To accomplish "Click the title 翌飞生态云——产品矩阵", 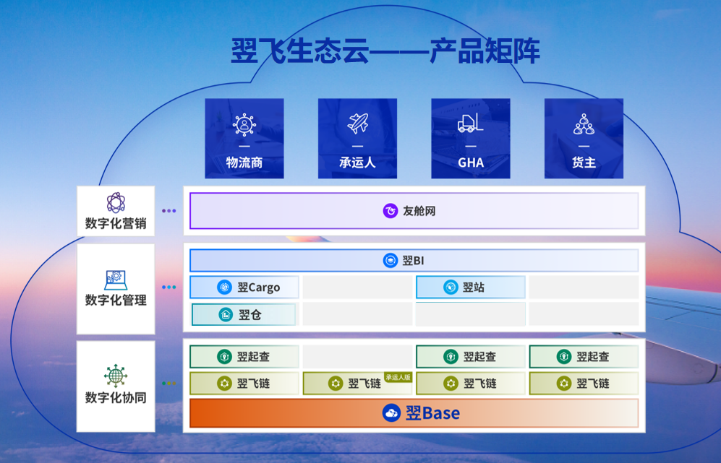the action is [x=385, y=51].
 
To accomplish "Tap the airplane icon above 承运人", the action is [x=358, y=123].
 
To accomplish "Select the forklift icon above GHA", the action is [x=470, y=123].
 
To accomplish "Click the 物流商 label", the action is [x=244, y=163].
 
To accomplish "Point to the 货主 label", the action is [x=584, y=163].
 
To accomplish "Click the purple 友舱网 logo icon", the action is [x=391, y=211].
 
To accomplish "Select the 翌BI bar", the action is [x=414, y=261].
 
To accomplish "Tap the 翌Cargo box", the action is [x=244, y=287].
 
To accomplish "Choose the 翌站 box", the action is [x=470, y=287].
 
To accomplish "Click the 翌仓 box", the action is [x=243, y=315].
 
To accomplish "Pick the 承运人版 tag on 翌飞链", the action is [x=398, y=377].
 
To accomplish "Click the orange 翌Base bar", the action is [x=414, y=413].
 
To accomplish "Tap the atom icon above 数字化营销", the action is [x=116, y=202].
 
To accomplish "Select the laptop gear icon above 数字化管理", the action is [x=116, y=280].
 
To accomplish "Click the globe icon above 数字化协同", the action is [x=116, y=376].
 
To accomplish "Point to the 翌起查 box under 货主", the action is [x=584, y=356].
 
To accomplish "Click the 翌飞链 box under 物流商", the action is [x=244, y=383].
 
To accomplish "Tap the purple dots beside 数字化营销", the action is [x=168, y=211].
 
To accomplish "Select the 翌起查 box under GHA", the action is [x=470, y=356].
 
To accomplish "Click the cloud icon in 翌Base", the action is [x=391, y=413].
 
